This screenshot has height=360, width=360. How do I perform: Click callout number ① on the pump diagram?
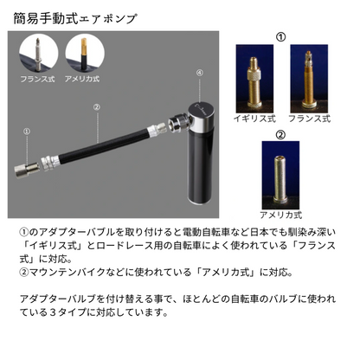[27, 132]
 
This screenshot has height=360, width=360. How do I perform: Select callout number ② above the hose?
[97, 109]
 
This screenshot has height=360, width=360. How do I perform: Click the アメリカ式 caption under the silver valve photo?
[280, 214]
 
